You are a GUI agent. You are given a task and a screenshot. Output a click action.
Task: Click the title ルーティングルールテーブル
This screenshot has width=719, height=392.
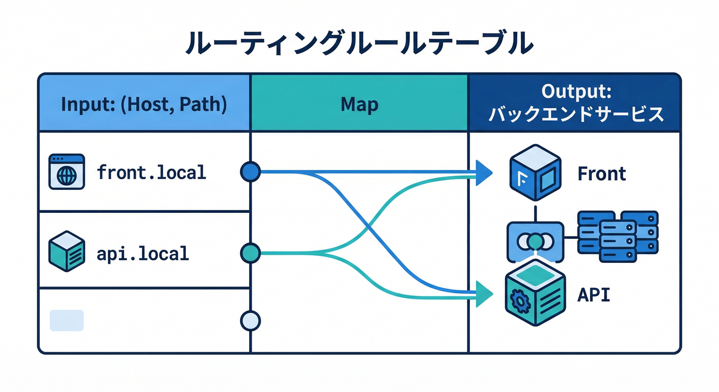359,44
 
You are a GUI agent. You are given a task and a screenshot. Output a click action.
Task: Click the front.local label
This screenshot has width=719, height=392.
151,173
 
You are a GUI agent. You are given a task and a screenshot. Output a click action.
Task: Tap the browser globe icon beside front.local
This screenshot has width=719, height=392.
66,173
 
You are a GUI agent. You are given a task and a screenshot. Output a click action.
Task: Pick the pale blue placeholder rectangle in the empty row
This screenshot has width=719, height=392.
66,321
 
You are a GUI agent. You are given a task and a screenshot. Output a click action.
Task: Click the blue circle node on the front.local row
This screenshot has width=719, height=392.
250,172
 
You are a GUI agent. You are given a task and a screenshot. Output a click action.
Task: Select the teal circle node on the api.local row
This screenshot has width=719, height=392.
250,252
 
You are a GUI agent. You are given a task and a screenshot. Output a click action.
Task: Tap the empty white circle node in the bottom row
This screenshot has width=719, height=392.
250,321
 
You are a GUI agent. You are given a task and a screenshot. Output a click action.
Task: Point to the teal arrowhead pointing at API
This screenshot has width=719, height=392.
483,294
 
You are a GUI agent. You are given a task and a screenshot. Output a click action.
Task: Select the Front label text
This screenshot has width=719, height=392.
602,174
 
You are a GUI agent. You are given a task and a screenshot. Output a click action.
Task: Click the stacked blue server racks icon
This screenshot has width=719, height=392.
618,236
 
